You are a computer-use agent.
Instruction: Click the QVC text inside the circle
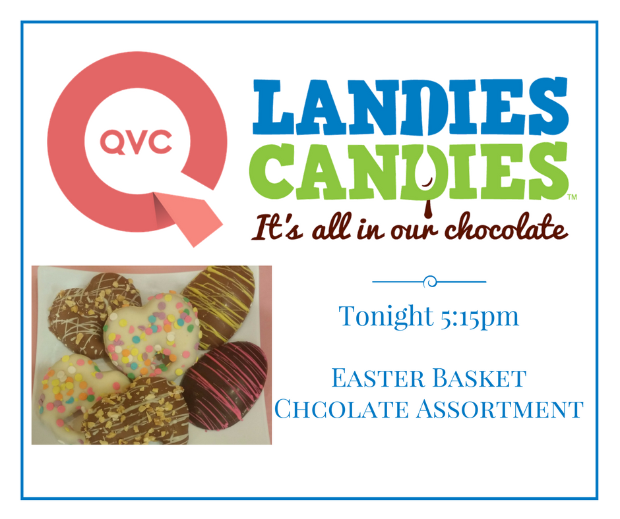pos(136,140)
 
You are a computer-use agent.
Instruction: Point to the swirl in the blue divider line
pos(430,282)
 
